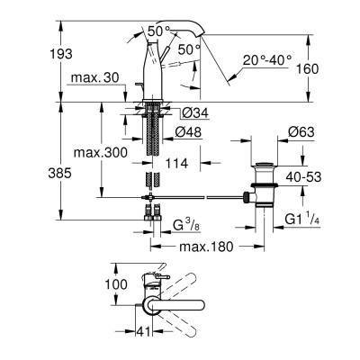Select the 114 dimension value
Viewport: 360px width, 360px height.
pyautogui.click(x=177, y=165)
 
